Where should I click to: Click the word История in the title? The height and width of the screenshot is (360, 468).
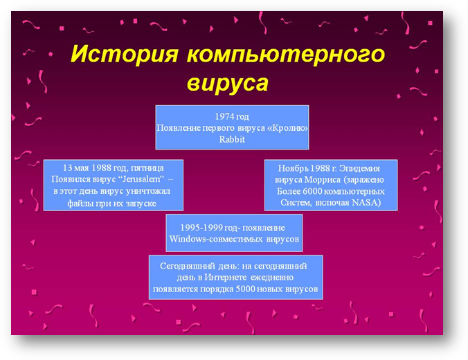pos(125,54)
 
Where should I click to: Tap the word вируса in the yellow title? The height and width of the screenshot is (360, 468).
pos(228,83)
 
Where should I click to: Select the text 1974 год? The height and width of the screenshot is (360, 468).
pos(232,116)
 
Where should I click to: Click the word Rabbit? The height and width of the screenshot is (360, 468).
pos(232,139)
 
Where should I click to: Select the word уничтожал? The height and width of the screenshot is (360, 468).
pos(148,191)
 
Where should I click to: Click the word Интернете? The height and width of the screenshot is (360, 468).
pos(226,278)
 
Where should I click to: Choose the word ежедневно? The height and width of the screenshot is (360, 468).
pos(272,278)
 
